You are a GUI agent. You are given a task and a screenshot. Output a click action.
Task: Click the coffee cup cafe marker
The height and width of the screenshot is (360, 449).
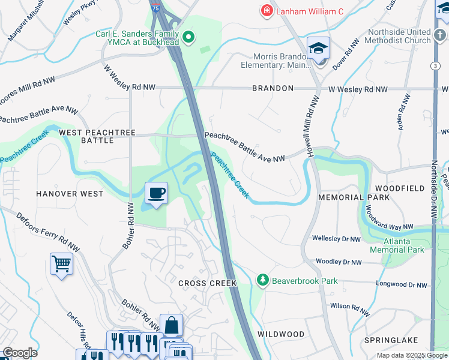coord(156,193)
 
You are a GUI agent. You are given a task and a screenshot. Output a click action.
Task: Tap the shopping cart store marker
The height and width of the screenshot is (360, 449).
coord(62,263)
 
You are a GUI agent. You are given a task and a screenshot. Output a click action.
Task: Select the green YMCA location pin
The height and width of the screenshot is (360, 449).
coord(188,38)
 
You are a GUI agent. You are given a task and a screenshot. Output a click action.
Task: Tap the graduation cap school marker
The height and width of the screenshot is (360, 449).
coord(319,49)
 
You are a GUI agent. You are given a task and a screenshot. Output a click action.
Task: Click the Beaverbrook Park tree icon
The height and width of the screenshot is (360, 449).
coord(262,280)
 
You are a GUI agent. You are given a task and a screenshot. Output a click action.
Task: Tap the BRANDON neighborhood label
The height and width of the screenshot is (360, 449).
coord(273,88)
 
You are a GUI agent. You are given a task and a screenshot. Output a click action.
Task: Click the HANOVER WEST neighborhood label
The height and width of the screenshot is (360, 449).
coord(70,194)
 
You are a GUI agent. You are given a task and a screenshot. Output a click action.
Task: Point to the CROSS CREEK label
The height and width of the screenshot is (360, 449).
coord(207,283)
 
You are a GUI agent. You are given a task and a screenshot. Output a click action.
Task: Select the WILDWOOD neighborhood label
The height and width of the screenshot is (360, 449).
coord(281,334)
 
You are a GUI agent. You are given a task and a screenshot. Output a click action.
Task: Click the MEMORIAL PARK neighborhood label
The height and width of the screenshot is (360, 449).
coord(349,197)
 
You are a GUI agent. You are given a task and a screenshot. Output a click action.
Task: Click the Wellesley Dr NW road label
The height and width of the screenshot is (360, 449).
coord(336,239)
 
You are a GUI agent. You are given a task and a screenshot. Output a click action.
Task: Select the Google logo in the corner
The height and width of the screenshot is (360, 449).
coord(19,353)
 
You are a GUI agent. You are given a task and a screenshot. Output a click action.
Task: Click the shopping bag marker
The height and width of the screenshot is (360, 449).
coord(171,325)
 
